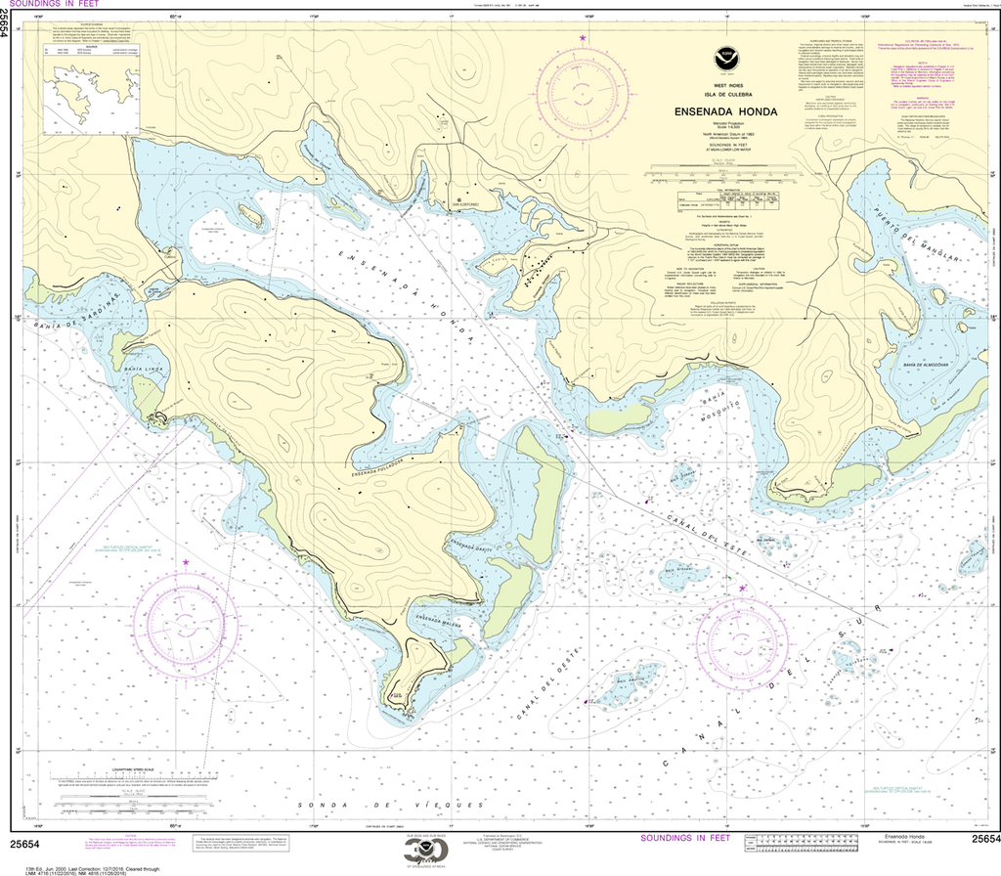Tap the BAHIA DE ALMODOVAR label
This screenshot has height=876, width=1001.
coord(922,362)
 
